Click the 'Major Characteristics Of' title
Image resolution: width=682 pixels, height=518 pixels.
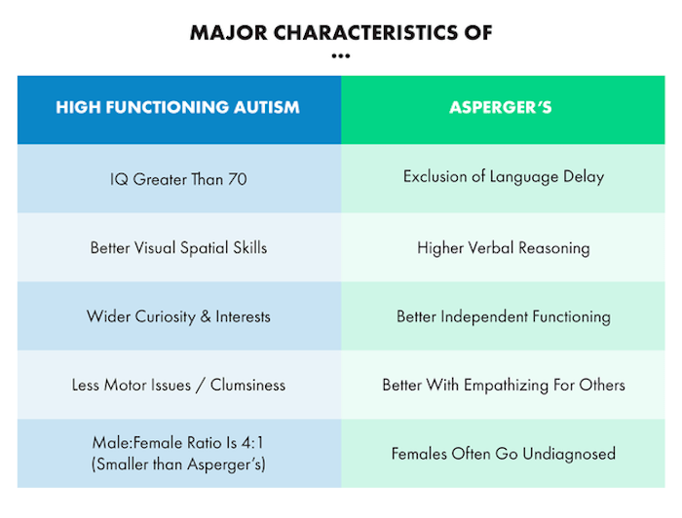click(341, 32)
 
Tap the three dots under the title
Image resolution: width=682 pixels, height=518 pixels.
click(341, 55)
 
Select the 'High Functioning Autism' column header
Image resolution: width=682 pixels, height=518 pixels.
click(177, 107)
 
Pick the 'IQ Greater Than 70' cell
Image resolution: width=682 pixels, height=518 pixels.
click(178, 179)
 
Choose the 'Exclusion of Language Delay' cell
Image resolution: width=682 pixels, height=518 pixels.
click(504, 176)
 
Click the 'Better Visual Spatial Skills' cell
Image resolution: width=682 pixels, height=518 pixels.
click(178, 247)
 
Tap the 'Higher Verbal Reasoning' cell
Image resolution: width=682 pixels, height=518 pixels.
click(504, 247)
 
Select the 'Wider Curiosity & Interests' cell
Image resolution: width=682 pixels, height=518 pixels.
click(178, 316)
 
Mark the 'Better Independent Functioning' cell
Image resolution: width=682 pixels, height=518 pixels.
click(504, 316)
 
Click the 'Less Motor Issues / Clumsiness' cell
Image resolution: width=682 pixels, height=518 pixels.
click(178, 385)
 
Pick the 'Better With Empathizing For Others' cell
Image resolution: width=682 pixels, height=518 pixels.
click(504, 385)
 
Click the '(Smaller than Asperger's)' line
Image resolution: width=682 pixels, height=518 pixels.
click(178, 464)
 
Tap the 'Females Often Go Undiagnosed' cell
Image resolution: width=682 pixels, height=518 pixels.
click(504, 454)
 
